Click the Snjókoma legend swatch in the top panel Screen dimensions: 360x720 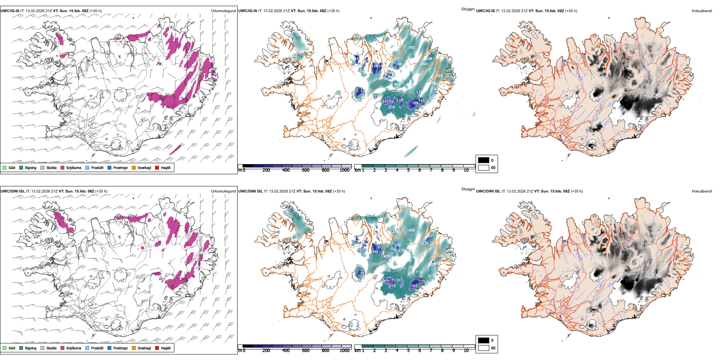click(x=63, y=167)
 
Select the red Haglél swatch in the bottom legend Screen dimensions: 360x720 click(x=157, y=348)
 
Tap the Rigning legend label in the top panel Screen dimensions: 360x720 click(x=31, y=168)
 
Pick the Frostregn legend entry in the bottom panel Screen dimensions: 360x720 click(x=120, y=348)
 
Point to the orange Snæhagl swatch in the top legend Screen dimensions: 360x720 click(x=134, y=167)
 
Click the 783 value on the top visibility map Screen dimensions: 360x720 click(x=411, y=48)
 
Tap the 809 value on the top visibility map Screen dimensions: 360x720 click(x=397, y=85)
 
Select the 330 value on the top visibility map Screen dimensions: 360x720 click(x=391, y=107)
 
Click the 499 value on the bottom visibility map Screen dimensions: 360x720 click(x=412, y=230)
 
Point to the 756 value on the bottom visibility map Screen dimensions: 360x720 click(x=387, y=271)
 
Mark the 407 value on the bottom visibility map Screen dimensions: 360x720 click(x=387, y=257)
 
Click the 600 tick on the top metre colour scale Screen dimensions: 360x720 click(x=306, y=170)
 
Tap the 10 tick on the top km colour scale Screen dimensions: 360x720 click(x=466, y=170)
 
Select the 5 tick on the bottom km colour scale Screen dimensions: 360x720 click(x=408, y=351)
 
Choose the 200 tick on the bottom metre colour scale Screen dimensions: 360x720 click(x=266, y=351)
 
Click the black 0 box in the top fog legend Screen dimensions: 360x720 click(x=484, y=160)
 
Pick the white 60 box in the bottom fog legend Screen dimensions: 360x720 click(x=484, y=348)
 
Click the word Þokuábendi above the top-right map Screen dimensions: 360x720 click(x=702, y=11)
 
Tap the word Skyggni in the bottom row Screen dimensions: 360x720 click(x=468, y=189)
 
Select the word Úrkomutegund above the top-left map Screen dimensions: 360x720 click(x=223, y=11)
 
